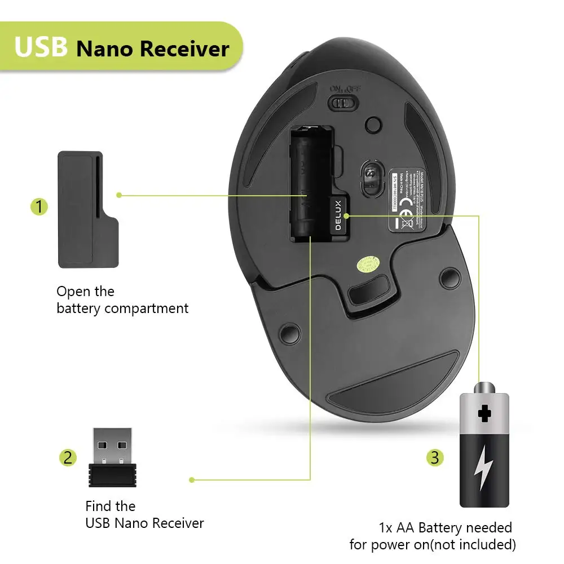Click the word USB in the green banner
pyautogui.click(x=41, y=47)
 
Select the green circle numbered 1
pyautogui.click(x=39, y=207)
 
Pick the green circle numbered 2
pyautogui.click(x=68, y=457)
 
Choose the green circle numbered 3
pyautogui.click(x=434, y=457)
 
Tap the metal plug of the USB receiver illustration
pyautogui.click(x=112, y=446)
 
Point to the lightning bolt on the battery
pyautogui.click(x=483, y=467)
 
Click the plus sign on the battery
pyautogui.click(x=484, y=413)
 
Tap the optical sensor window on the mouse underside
pyautogui.click(x=371, y=179)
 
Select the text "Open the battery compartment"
pyautogui.click(x=122, y=300)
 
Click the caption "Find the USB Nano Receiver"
pyautogui.click(x=144, y=514)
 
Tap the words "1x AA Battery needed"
pyautogui.click(x=446, y=528)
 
